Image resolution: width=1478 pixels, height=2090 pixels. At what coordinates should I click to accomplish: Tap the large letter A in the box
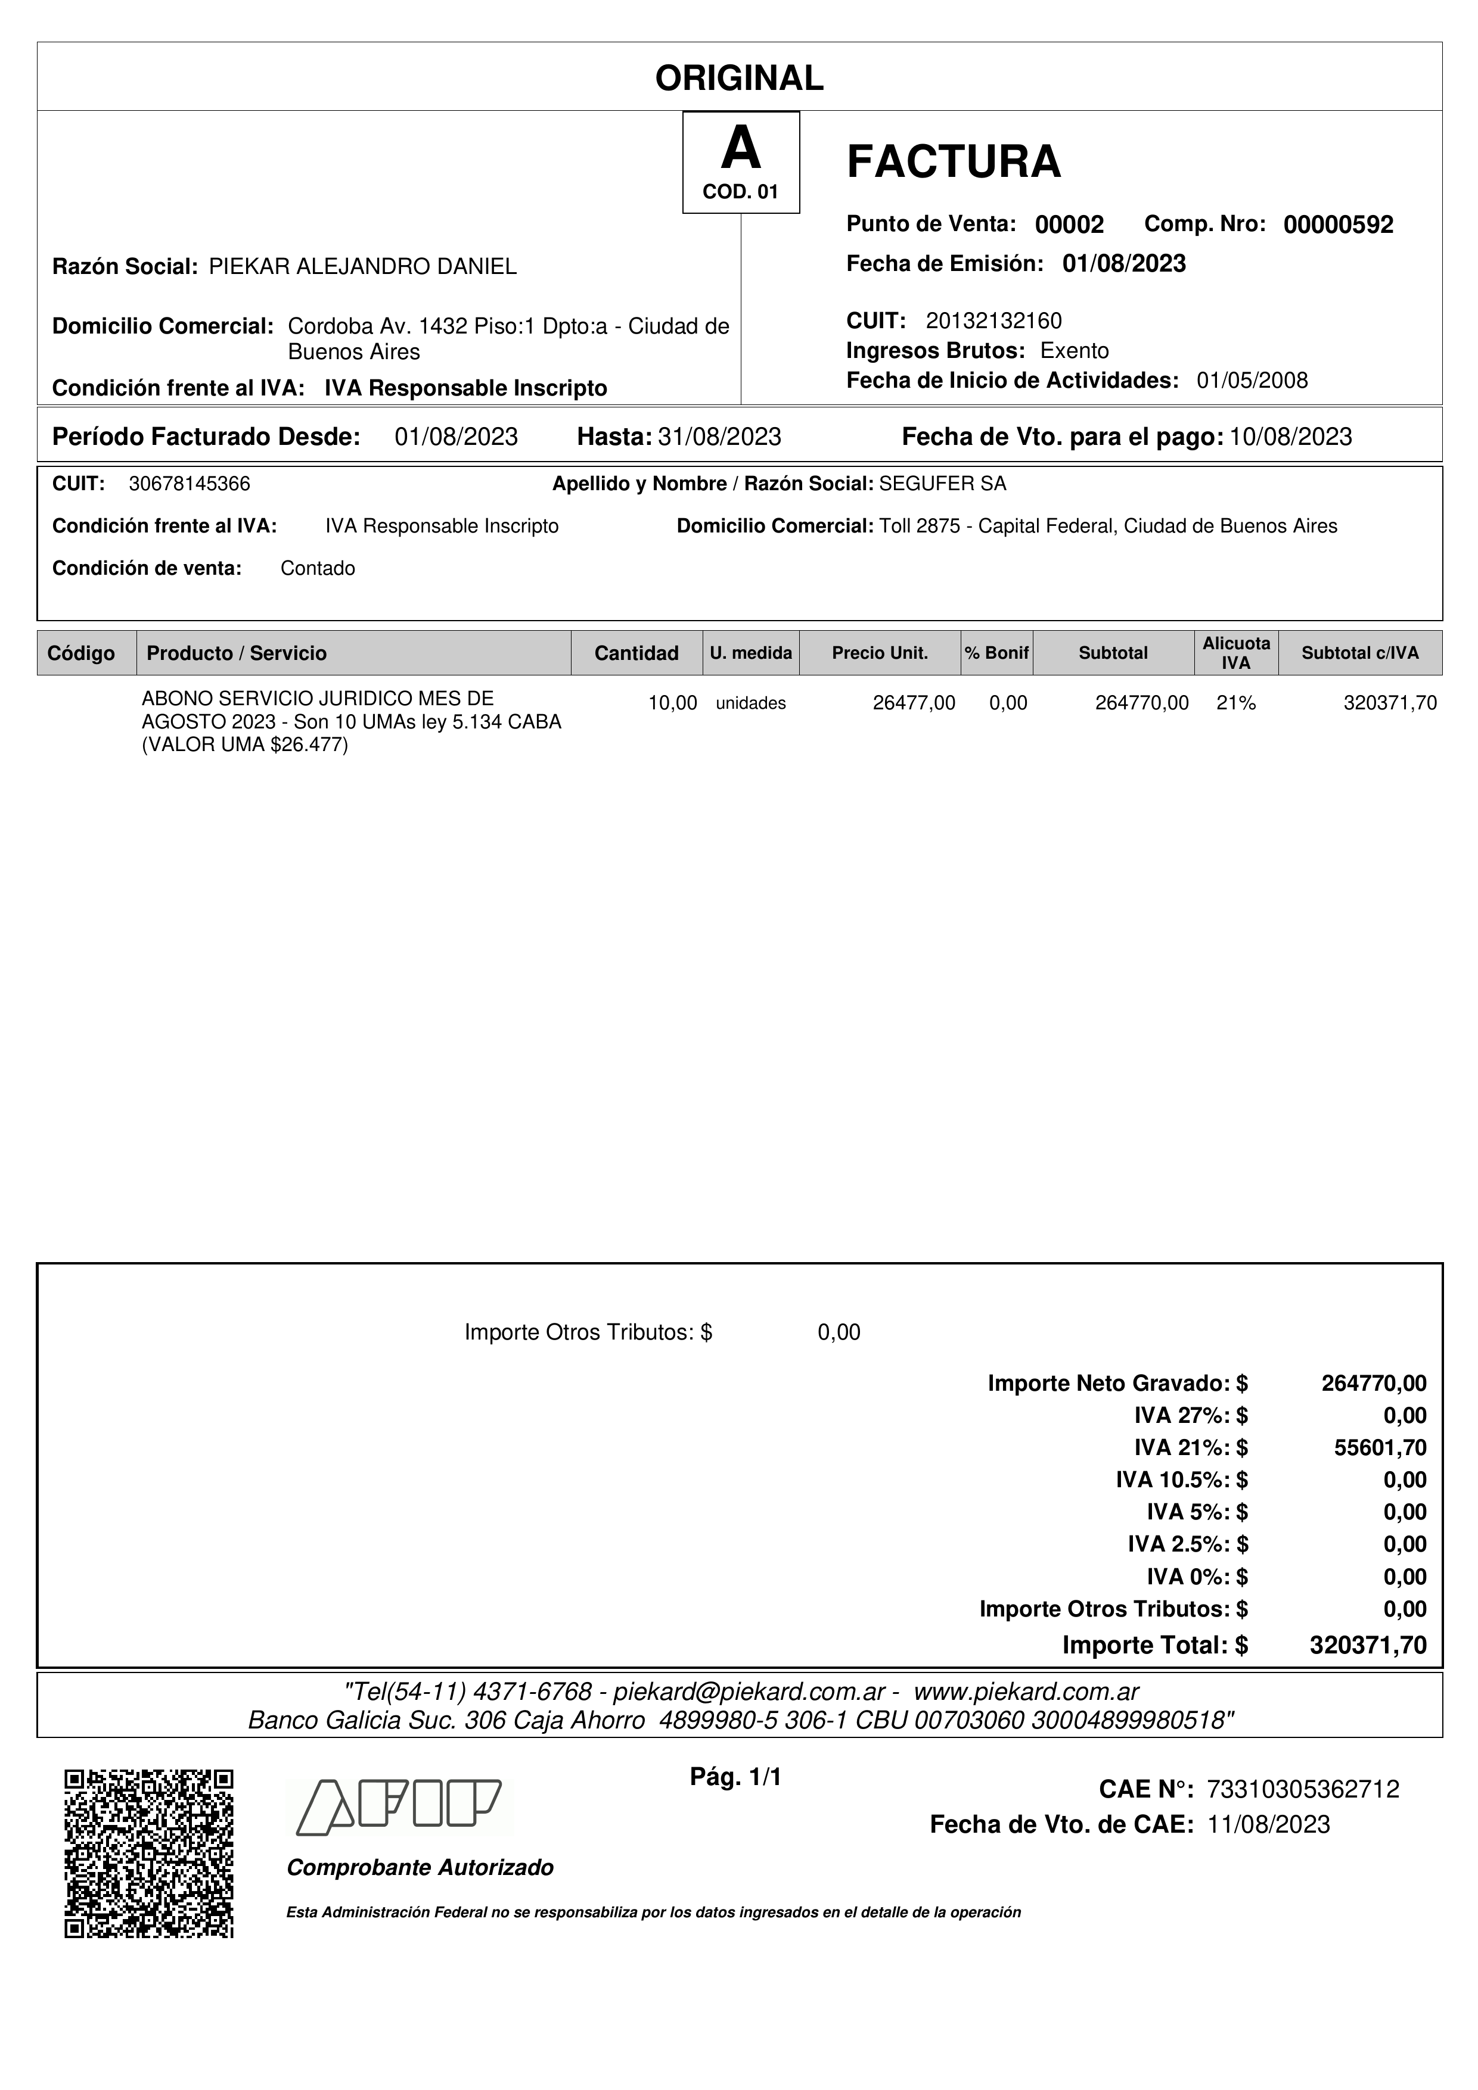740,149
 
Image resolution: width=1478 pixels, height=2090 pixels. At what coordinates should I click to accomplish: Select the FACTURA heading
954,162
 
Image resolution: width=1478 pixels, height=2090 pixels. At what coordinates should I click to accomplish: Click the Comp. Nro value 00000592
1338,225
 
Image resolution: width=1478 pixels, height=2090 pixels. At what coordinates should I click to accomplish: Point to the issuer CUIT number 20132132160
993,320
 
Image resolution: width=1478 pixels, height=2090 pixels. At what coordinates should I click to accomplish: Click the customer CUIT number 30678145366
190,484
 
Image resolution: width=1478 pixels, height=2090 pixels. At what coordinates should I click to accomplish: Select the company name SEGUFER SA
943,484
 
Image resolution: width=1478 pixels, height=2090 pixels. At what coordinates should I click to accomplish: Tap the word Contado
318,569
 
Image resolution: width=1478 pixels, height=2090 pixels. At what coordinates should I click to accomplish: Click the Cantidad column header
636,653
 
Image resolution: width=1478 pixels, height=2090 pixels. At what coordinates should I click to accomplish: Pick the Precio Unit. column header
880,653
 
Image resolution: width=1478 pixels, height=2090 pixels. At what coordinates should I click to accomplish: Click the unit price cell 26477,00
914,703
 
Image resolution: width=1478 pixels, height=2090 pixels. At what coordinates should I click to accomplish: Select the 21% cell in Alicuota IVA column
1236,703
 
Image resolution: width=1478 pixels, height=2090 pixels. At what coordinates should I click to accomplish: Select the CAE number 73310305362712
1302,1790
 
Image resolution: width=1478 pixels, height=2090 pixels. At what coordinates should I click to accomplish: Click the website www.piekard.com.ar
1026,1692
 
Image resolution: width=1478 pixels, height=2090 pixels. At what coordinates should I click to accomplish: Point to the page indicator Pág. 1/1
736,1777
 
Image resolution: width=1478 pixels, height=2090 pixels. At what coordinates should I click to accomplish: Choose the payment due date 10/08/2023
1290,438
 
